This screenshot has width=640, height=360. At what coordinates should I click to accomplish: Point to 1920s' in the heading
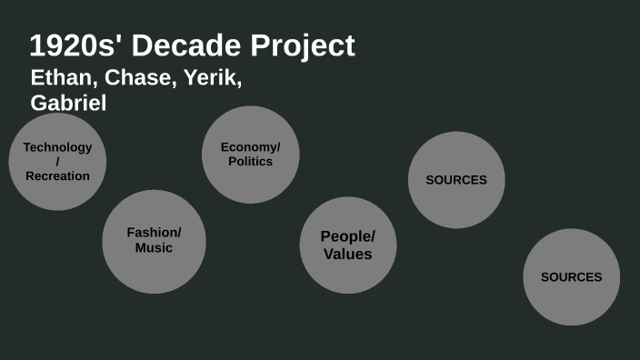pyautogui.click(x=74, y=45)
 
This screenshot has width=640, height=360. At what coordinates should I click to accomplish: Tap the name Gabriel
pyautogui.click(x=68, y=103)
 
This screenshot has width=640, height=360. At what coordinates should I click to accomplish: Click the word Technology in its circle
pyautogui.click(x=57, y=147)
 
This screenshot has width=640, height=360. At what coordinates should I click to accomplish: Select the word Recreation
pyautogui.click(x=57, y=175)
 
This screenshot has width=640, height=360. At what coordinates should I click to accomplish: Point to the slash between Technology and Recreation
pyautogui.click(x=57, y=161)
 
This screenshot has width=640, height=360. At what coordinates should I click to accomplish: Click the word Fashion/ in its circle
pyautogui.click(x=154, y=233)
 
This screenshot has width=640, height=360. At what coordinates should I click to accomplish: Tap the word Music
pyautogui.click(x=154, y=247)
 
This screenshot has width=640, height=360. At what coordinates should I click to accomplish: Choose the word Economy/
pyautogui.click(x=250, y=147)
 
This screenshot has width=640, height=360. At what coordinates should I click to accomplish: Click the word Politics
pyautogui.click(x=250, y=162)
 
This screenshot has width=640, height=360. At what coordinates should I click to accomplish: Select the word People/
pyautogui.click(x=347, y=236)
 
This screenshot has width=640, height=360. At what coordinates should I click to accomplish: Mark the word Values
pyautogui.click(x=347, y=254)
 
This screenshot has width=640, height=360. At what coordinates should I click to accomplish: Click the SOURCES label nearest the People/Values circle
pyautogui.click(x=456, y=180)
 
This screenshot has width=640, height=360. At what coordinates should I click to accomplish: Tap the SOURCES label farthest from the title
pyautogui.click(x=571, y=277)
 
